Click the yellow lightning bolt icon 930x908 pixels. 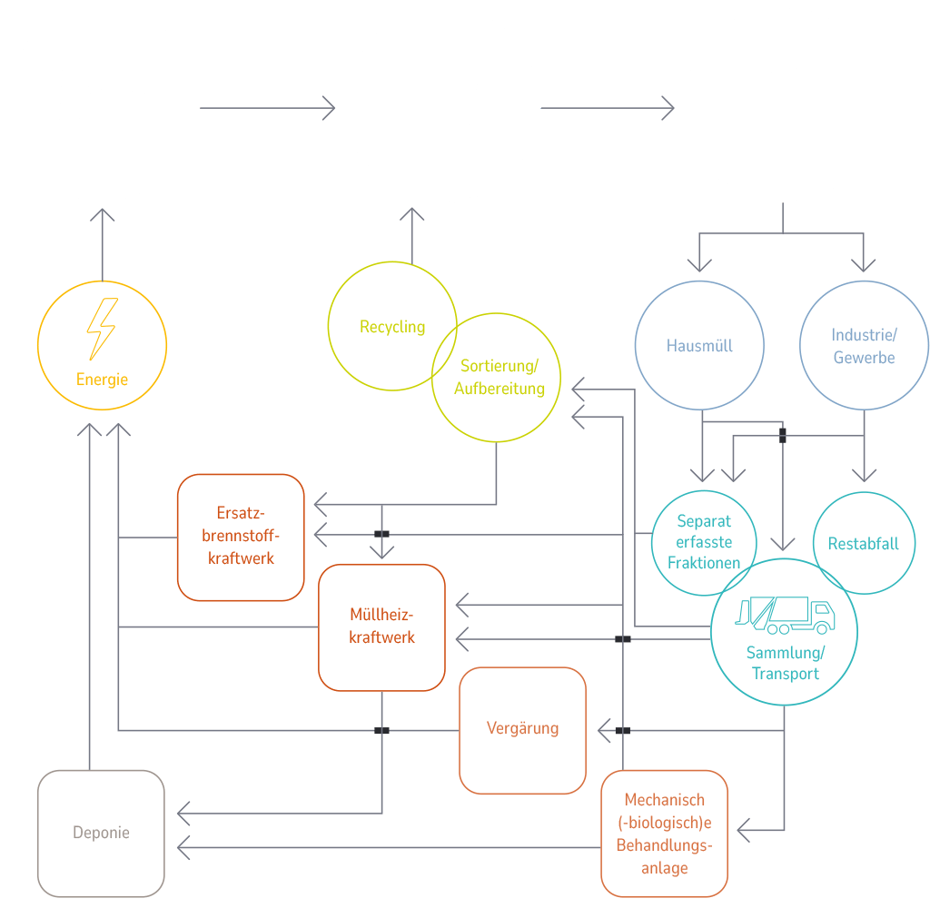pyautogui.click(x=101, y=329)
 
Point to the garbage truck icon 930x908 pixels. pyautogui.click(x=785, y=616)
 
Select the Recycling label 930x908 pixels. pyautogui.click(x=392, y=326)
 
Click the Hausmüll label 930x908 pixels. pyautogui.click(x=699, y=346)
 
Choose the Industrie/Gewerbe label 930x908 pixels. pyautogui.click(x=864, y=346)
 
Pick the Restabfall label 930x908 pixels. pyautogui.click(x=863, y=543)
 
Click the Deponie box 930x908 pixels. pyautogui.click(x=101, y=833)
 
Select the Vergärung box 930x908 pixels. pyautogui.click(x=522, y=728)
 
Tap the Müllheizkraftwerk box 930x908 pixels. pyautogui.click(x=381, y=627)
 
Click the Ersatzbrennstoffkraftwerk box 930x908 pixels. pyautogui.click(x=241, y=536)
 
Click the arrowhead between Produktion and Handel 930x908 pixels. pyautogui.click(x=329, y=109)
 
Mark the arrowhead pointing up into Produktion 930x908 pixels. pyautogui.click(x=102, y=215)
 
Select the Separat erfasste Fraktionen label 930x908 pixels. pyautogui.click(x=704, y=542)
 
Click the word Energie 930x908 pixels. pyautogui.click(x=102, y=380)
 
